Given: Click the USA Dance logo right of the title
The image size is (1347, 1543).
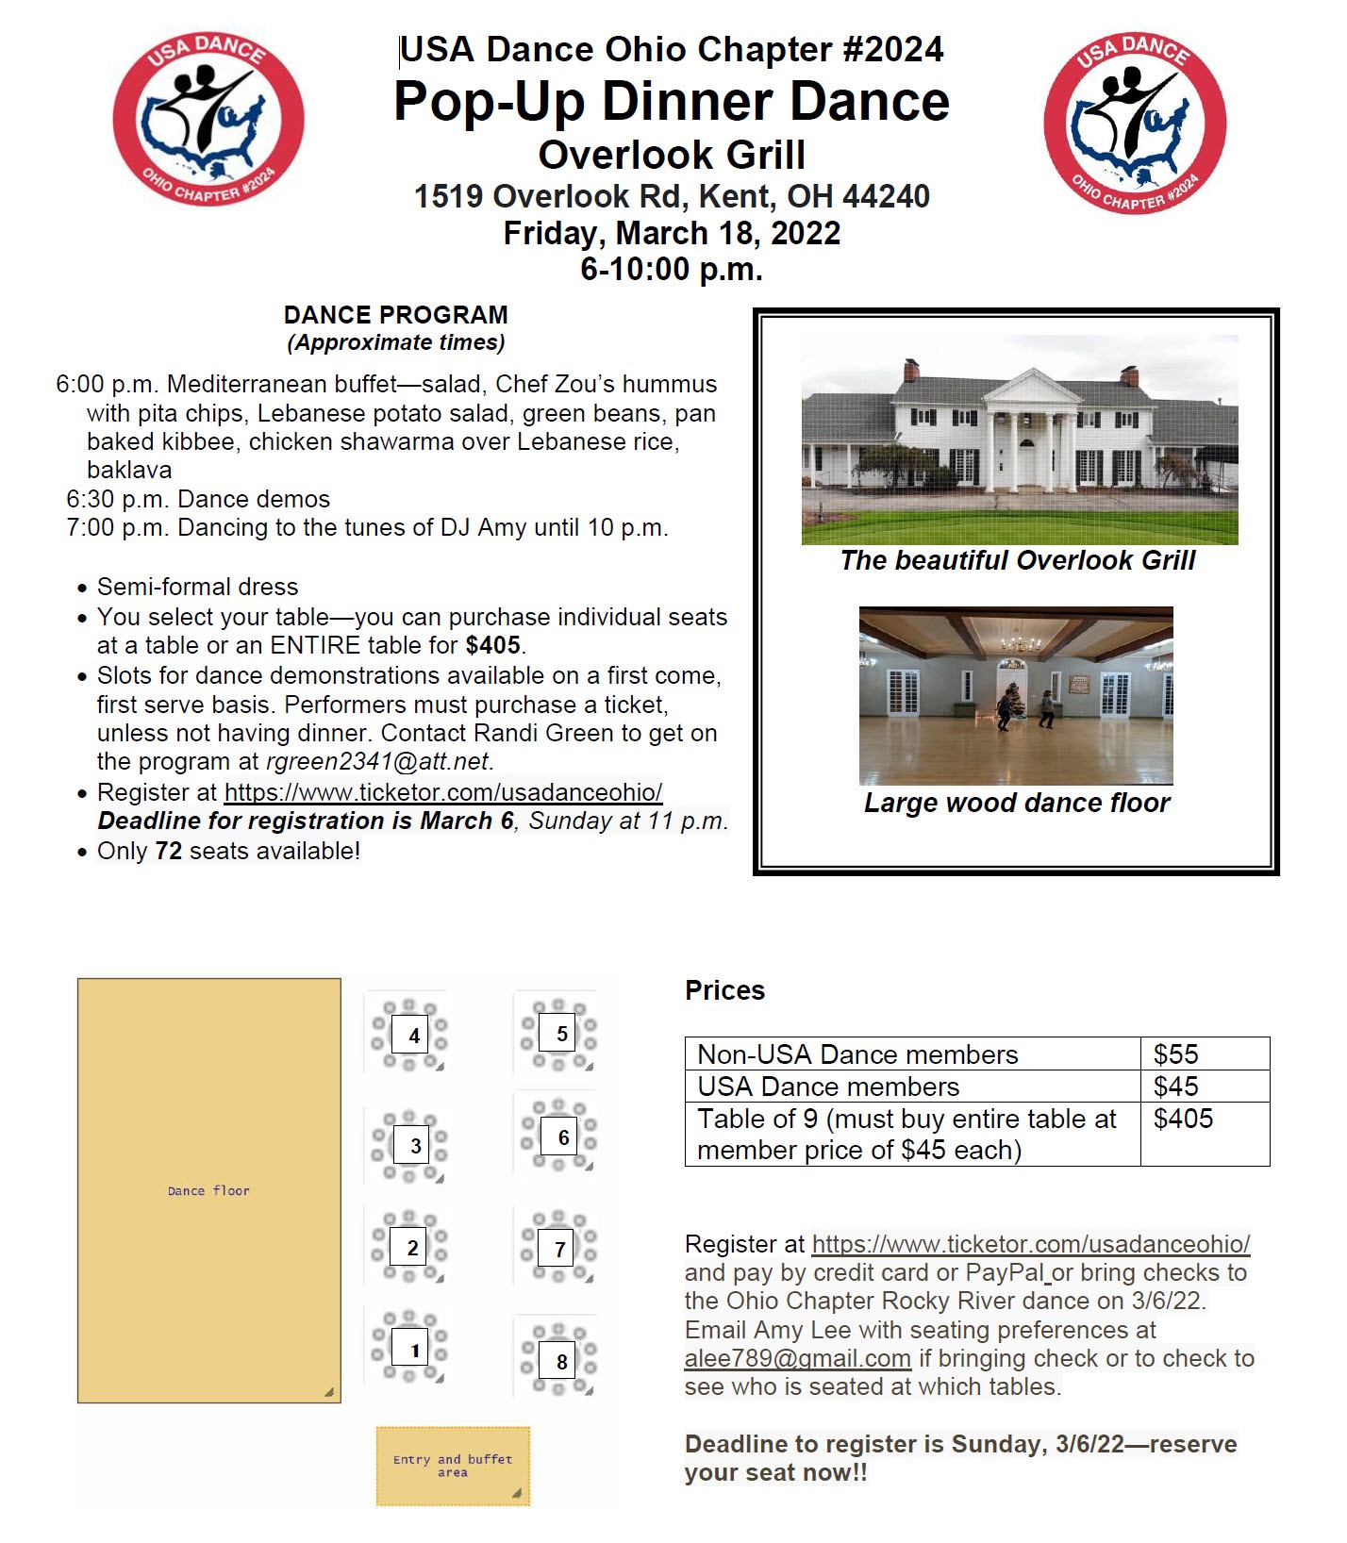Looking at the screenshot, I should point(1135,123).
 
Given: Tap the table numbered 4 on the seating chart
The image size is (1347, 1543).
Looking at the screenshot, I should point(409,1035).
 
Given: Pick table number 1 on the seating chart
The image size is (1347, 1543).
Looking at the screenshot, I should point(409,1350).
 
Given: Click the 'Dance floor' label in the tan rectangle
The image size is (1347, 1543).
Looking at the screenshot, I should point(208,1190).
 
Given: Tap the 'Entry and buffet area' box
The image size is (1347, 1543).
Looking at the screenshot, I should point(453,1465).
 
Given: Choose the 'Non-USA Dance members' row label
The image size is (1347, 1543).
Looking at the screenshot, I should point(857,1054).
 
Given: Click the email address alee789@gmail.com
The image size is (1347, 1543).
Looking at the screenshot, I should point(797,1358).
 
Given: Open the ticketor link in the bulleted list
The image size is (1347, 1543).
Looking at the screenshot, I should point(442,792).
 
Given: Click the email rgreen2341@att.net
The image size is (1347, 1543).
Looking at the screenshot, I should point(377,761).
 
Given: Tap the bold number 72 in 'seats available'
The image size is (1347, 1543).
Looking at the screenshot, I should point(168,851).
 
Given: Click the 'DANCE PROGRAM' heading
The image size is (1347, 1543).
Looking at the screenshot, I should point(395,315).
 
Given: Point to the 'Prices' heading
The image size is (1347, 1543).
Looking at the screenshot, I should point(724,990).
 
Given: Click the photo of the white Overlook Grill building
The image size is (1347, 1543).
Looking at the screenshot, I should point(1019,440).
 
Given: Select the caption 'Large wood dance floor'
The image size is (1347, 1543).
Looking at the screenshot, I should point(1016,803).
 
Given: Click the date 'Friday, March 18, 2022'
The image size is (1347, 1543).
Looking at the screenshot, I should point(672,233).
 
